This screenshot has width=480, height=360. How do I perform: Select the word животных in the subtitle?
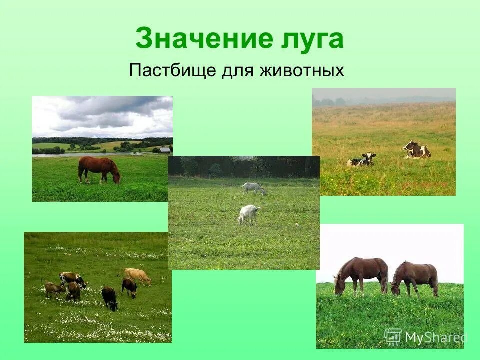pyautogui.click(x=302, y=70)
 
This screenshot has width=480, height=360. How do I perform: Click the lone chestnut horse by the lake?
pyautogui.click(x=98, y=168)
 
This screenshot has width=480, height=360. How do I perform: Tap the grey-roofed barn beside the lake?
pyautogui.click(x=165, y=150)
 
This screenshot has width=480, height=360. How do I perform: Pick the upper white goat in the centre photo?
pyautogui.click(x=253, y=188)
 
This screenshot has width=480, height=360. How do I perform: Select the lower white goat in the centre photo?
pyautogui.click(x=248, y=214)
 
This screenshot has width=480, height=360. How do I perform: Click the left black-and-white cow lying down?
pyautogui.click(x=361, y=160)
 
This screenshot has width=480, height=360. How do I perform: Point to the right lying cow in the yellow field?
pyautogui.click(x=417, y=150)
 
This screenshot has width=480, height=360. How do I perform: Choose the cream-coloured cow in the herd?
pyautogui.click(x=138, y=275)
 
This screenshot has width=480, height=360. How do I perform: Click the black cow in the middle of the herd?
pyautogui.click(x=109, y=297)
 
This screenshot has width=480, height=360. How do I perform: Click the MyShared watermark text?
pyautogui.click(x=435, y=338)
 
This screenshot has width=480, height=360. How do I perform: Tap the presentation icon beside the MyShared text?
pyautogui.click(x=393, y=337)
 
